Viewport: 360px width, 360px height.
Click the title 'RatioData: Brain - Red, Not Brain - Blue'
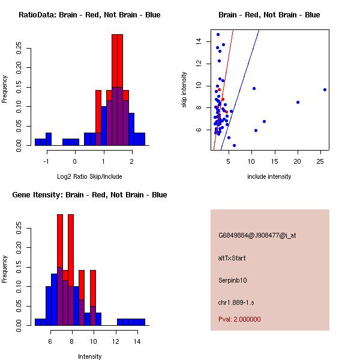point(89,14)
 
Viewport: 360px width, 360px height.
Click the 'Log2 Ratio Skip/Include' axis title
point(89,176)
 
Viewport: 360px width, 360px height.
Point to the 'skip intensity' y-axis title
point(185,90)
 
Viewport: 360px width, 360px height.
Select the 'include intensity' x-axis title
point(269,176)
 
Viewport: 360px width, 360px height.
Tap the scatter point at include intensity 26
point(325,89)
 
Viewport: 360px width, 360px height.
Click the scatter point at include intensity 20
point(298,102)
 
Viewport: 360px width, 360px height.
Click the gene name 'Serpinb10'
point(233,280)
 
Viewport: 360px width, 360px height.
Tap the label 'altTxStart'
point(232,258)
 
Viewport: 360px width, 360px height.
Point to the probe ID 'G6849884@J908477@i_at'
point(257,235)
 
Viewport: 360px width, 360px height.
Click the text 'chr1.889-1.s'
point(236,302)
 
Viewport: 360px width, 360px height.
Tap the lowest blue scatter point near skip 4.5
point(234,145)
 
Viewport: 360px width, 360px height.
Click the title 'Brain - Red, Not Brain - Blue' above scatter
point(269,14)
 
